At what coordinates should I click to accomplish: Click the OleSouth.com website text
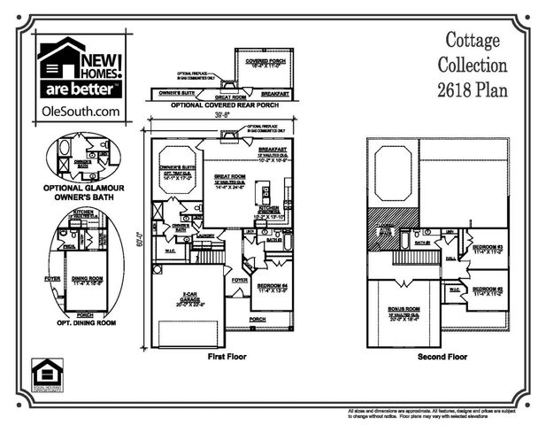[x=80, y=111]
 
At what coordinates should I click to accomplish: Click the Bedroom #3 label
[x=487, y=248]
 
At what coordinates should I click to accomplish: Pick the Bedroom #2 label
[x=487, y=290]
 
